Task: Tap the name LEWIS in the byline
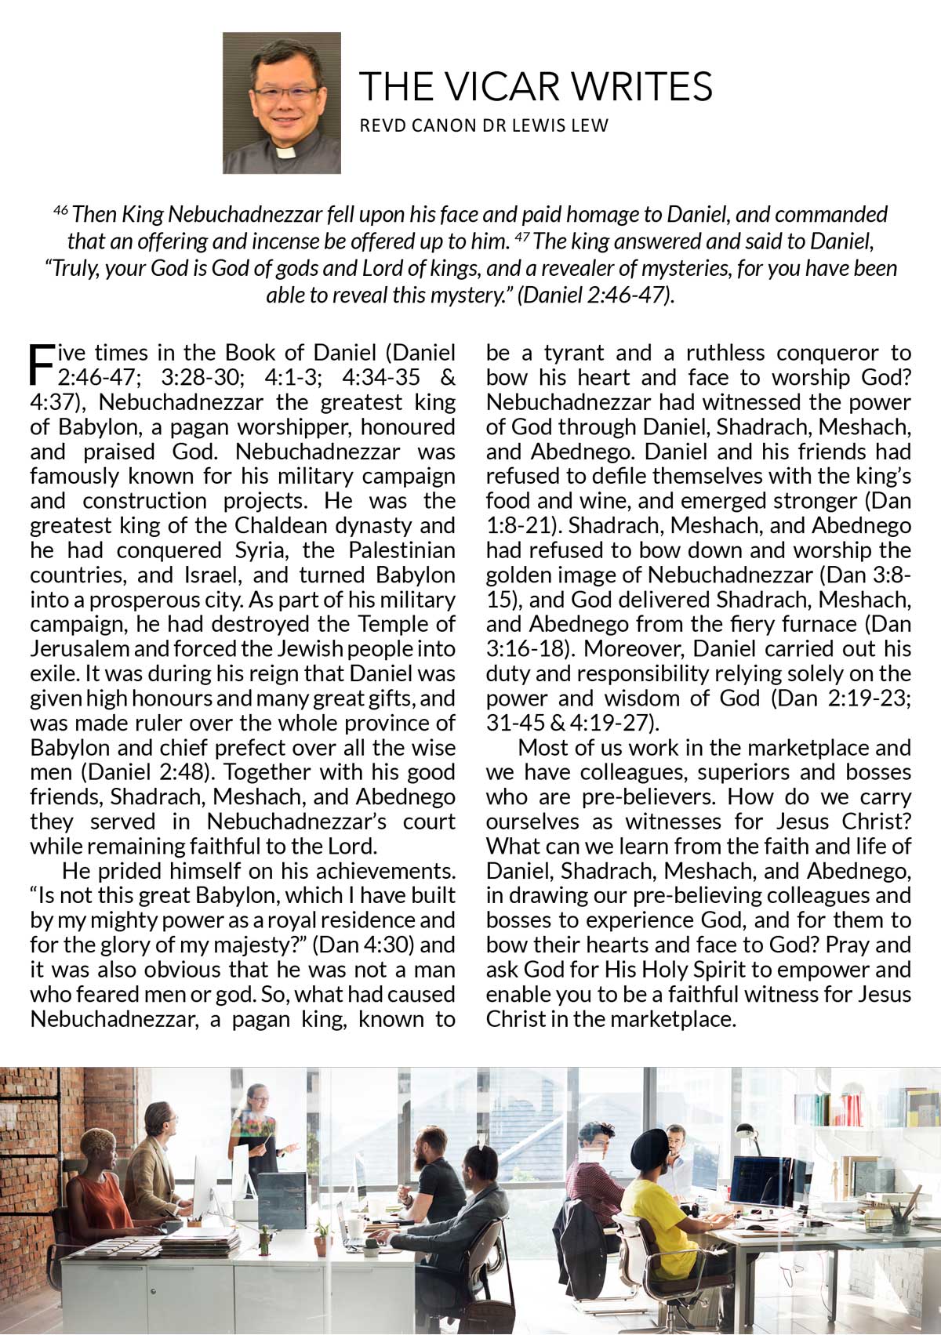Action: (546, 125)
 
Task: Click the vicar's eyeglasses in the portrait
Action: (282, 93)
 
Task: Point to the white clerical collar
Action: (285, 152)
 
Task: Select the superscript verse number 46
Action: (60, 209)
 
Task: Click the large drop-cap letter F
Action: (41, 364)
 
